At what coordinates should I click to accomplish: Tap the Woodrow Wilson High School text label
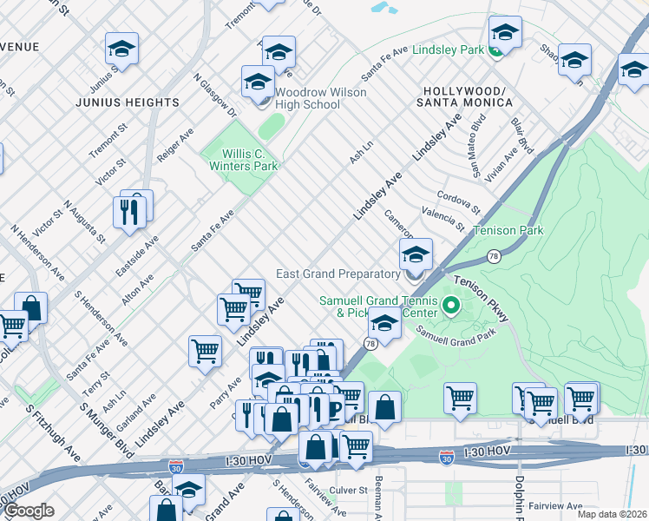[308, 98]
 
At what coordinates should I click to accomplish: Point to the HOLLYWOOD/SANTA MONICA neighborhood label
[468, 96]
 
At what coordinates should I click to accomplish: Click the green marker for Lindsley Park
[495, 50]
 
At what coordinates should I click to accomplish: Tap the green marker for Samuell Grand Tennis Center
[450, 305]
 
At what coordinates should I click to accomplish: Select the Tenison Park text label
[508, 231]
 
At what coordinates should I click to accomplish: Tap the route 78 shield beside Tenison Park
[493, 256]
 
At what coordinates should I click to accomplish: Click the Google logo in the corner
[29, 511]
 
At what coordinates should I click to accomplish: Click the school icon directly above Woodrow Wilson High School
[258, 82]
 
